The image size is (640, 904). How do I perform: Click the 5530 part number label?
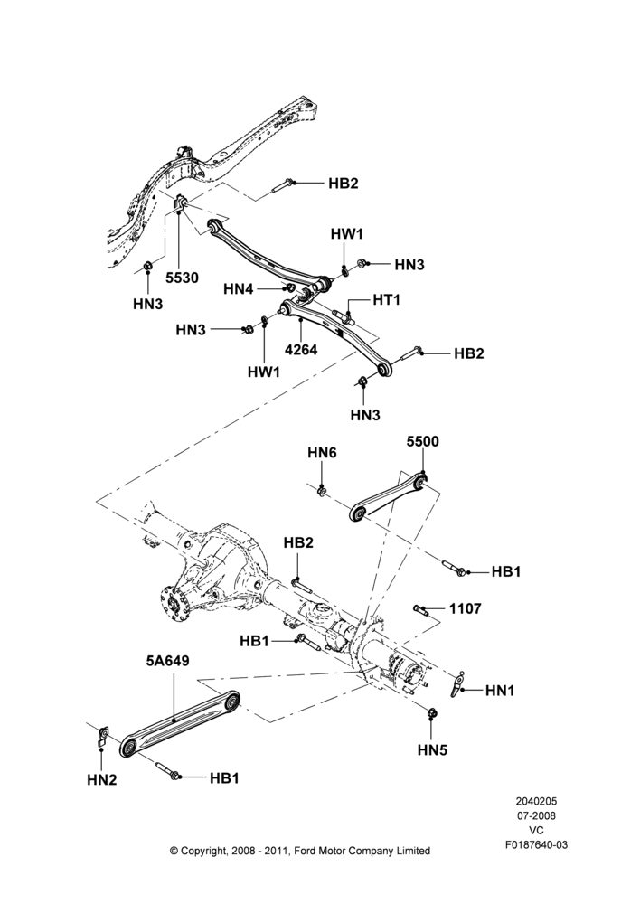point(182,278)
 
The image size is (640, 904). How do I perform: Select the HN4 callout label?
point(238,289)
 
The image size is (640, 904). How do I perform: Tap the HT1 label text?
point(386,300)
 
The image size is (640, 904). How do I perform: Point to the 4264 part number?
point(301,349)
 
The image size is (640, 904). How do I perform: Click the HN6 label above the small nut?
point(322,453)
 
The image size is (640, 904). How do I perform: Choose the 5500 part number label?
point(423,442)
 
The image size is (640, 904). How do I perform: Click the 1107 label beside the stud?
point(465,608)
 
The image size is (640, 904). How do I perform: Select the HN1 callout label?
point(500,690)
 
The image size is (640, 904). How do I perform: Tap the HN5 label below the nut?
point(432,750)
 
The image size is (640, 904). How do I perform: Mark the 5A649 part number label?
point(168,661)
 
